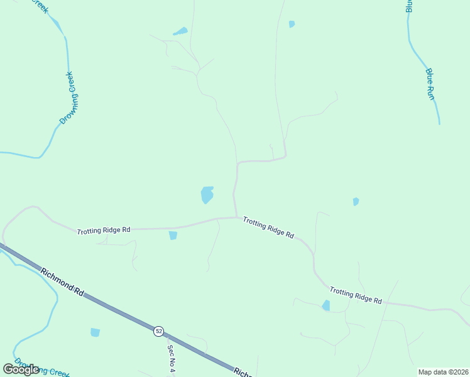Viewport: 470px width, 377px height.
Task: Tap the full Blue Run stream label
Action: tap(430, 84)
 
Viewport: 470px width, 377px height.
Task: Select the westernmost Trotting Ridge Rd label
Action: tap(104, 231)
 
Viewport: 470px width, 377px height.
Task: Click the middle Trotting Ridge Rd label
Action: tap(268, 227)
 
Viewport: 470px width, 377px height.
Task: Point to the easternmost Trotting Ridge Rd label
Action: tap(356, 296)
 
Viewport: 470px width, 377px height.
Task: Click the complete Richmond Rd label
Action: tap(62, 283)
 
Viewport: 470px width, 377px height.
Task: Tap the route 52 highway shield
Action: tap(159, 331)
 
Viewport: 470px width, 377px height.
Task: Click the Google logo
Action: tap(21, 369)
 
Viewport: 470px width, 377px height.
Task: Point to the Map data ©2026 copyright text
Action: tap(443, 372)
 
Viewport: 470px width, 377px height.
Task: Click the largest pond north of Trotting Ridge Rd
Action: tap(207, 195)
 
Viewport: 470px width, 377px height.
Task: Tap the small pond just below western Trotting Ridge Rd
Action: tap(173, 236)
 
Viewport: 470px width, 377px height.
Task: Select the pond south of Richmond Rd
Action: tap(95, 332)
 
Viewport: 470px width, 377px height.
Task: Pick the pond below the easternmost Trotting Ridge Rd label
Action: tap(325, 306)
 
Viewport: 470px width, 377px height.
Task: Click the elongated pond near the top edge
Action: tap(181, 31)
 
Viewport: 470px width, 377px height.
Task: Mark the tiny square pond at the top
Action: tap(292, 24)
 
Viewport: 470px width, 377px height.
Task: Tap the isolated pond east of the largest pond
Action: tap(356, 202)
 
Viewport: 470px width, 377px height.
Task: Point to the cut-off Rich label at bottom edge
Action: tap(242, 372)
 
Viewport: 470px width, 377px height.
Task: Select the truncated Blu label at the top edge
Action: tap(409, 6)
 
